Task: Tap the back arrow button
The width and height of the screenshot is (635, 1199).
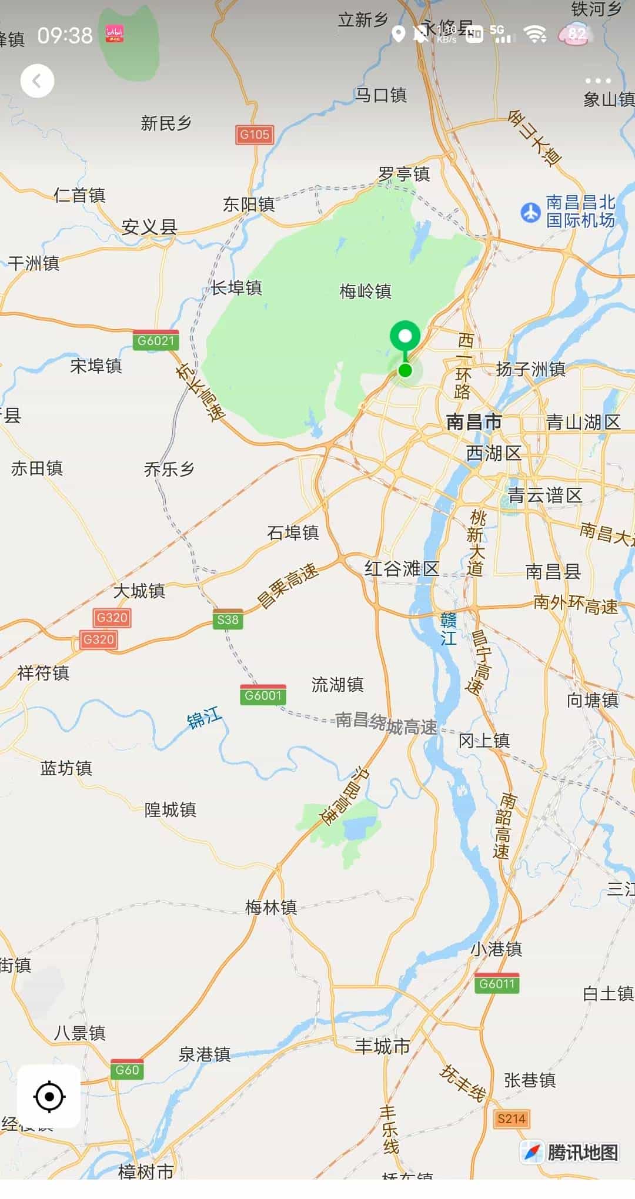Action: (x=37, y=81)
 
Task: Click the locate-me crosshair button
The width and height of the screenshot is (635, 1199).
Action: (x=49, y=1096)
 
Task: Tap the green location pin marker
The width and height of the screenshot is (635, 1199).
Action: (x=405, y=337)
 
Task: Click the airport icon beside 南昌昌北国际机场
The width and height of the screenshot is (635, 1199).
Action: (x=530, y=212)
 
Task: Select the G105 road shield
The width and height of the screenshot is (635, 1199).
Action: (x=255, y=135)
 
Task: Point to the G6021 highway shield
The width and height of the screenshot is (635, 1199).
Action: (x=156, y=341)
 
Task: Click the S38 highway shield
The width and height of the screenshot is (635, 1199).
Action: (x=228, y=619)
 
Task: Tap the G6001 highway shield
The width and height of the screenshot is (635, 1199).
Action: (x=263, y=695)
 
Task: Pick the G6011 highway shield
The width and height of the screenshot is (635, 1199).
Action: (x=497, y=984)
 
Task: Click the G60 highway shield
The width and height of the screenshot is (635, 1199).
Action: (x=127, y=1070)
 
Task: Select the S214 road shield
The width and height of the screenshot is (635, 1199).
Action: (x=510, y=1118)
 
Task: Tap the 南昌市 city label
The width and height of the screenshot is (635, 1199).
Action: (x=474, y=422)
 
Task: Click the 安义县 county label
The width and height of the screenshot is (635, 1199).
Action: (x=149, y=227)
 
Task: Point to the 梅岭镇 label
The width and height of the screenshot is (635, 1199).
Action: (x=365, y=291)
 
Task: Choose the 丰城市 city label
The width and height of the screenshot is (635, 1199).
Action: (x=383, y=1046)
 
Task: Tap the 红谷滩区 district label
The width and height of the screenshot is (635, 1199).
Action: (x=402, y=568)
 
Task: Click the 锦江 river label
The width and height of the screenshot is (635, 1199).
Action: (x=204, y=718)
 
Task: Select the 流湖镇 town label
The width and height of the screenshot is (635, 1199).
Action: (x=337, y=684)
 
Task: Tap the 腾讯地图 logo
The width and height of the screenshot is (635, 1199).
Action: (x=570, y=1152)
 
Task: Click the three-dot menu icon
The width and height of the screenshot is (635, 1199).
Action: (x=598, y=81)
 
